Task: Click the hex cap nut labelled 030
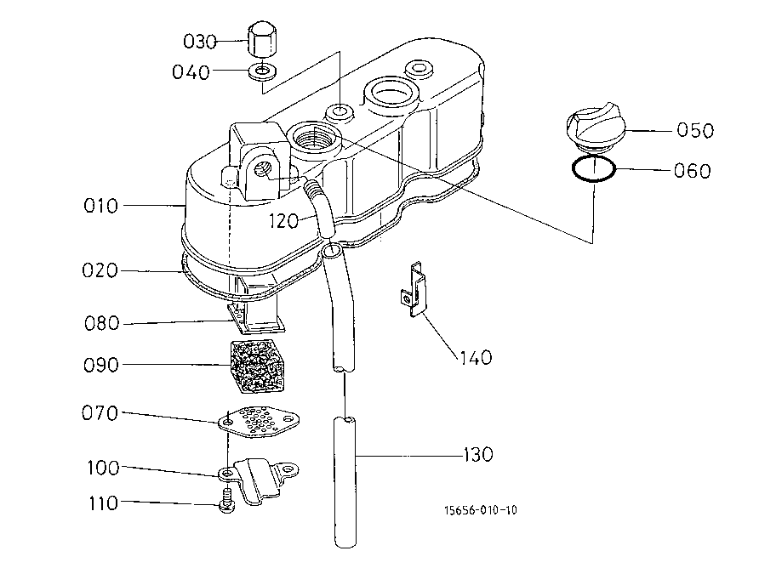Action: point(262,40)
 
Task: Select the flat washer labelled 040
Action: point(262,71)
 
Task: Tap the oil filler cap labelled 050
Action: point(593,127)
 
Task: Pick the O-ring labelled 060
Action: point(594,169)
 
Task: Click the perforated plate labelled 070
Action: point(259,422)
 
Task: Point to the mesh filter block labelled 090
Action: point(257,366)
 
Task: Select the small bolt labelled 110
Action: point(227,501)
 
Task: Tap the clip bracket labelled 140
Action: point(414,289)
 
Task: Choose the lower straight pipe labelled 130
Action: point(345,482)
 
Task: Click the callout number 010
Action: point(100,206)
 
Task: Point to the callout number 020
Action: point(100,270)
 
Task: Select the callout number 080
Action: point(102,323)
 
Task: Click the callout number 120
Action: point(283,221)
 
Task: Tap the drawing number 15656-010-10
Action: point(481,510)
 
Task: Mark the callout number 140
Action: point(476,358)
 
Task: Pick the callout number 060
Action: point(693,171)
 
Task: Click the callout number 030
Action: point(200,42)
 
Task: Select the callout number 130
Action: point(477,454)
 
